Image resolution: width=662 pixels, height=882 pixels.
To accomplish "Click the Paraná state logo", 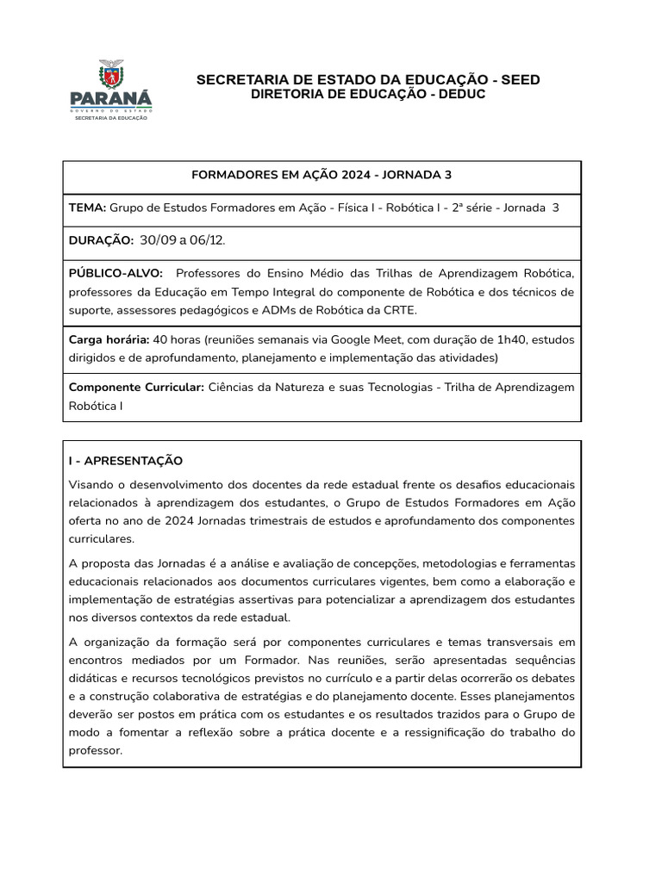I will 110,90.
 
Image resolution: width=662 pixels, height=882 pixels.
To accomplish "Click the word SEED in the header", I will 521,80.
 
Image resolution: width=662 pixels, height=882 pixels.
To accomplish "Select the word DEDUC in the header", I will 461,94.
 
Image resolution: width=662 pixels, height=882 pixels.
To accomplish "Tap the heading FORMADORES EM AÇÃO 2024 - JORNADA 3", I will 322,175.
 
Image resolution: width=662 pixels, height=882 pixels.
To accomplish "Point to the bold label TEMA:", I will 87,208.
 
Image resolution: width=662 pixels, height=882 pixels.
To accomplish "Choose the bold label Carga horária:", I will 109,339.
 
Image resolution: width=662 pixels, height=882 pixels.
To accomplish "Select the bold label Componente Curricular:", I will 136,387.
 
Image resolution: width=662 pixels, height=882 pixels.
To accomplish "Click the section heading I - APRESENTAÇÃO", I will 125,461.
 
